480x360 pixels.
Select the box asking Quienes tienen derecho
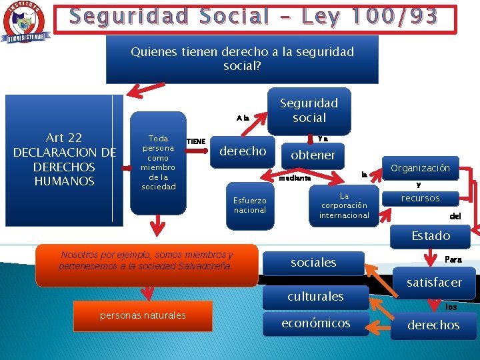point(242,59)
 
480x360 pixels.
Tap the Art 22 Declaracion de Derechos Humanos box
point(65,159)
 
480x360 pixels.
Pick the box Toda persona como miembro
point(158,163)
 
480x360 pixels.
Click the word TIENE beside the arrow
point(195,141)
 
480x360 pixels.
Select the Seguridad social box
point(309,110)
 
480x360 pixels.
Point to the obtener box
point(313,155)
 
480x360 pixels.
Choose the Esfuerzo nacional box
point(250,205)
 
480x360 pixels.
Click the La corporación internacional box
point(344,205)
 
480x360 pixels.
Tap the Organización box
point(420,168)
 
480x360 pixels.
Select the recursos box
point(420,198)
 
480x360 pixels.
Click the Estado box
point(431,235)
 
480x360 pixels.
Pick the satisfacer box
point(434,283)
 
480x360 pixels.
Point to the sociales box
point(313,263)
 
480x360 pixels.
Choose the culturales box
point(315,296)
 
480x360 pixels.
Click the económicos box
point(315,323)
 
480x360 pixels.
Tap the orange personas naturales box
point(143,315)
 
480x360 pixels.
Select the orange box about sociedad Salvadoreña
point(147,261)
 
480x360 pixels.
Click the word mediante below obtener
point(295,178)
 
